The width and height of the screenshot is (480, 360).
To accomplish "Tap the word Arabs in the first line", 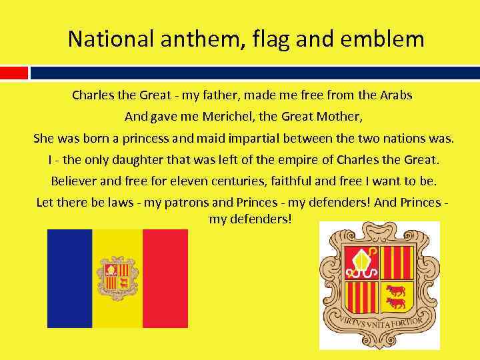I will (x=397, y=95).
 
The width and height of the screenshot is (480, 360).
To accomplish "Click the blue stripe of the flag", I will (x=69, y=278).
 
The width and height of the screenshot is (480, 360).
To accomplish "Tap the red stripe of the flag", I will (x=165, y=278).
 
